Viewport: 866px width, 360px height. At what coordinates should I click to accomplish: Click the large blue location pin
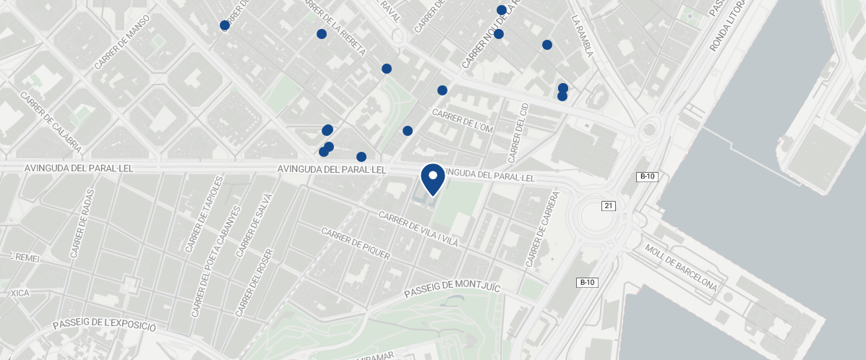(x=432, y=179)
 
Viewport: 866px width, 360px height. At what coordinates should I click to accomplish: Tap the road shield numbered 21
(x=608, y=206)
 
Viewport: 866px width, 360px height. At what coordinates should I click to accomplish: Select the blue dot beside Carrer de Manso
(x=225, y=25)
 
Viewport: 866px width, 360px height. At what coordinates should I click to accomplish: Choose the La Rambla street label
(x=582, y=36)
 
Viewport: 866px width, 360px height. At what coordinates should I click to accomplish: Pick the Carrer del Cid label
(x=519, y=132)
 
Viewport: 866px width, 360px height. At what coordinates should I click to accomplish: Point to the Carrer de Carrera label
(x=544, y=228)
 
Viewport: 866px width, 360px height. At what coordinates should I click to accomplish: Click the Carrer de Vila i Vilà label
(x=418, y=230)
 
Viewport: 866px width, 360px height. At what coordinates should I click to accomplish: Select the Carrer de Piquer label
(x=356, y=244)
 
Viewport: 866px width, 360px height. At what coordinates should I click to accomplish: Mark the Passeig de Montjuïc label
(x=452, y=288)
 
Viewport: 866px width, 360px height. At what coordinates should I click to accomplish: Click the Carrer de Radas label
(x=82, y=228)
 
